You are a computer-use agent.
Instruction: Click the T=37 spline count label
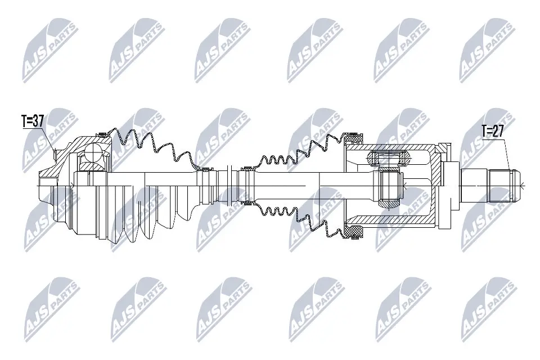[x=32, y=121]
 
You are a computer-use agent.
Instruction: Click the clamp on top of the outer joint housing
[x=102, y=134]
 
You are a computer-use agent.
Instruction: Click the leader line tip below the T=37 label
[x=55, y=151]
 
